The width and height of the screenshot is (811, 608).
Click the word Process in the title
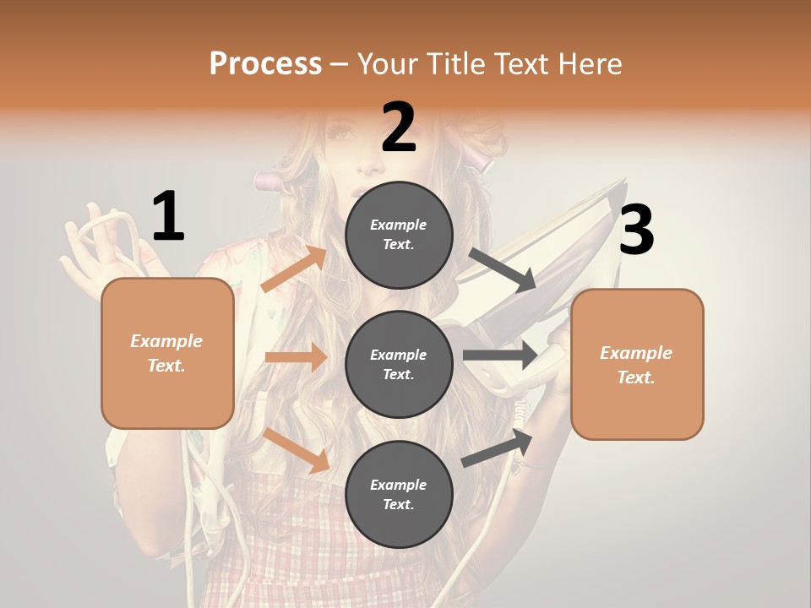[x=265, y=64]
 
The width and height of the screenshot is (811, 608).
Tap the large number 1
[x=168, y=217]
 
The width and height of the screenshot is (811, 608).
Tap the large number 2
[x=399, y=128]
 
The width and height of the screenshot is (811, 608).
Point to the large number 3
[x=636, y=231]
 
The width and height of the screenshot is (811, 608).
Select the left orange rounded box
[x=167, y=353]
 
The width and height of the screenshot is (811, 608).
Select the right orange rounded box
[x=637, y=364]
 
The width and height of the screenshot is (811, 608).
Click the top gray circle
[x=399, y=235]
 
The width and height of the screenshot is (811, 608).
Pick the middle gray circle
[x=399, y=364]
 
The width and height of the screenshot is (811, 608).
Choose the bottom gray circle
[x=399, y=494]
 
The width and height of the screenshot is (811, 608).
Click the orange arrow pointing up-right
[x=295, y=269]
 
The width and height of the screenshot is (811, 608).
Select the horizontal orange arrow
[x=296, y=357]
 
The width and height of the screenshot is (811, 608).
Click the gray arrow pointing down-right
[x=502, y=270]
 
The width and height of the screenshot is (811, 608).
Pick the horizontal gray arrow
[x=499, y=355]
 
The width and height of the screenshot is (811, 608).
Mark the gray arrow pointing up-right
[x=498, y=448]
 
